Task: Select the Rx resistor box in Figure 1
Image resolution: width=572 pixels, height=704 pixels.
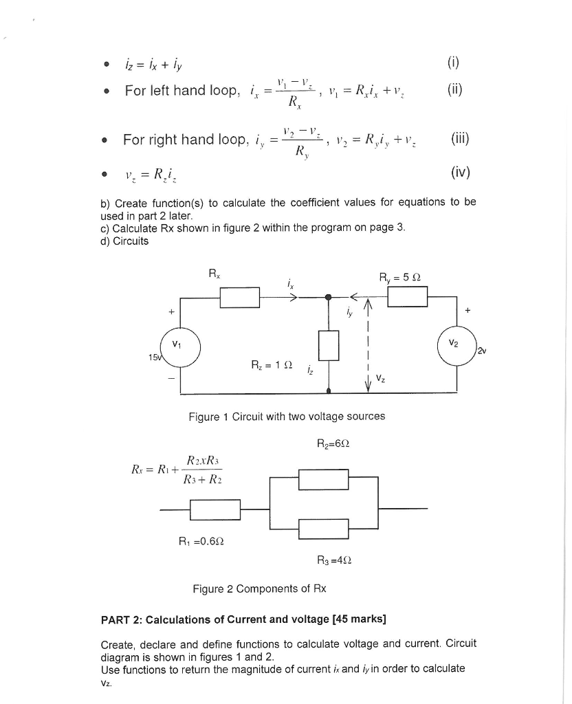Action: [x=239, y=298]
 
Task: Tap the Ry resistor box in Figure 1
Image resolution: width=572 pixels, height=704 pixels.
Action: [x=408, y=297]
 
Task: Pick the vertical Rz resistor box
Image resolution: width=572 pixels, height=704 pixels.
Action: [x=330, y=344]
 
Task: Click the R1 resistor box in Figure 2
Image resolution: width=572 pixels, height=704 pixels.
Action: [x=214, y=509]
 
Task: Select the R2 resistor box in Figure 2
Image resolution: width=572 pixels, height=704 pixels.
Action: [x=325, y=478]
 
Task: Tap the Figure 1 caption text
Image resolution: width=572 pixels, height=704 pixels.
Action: [x=287, y=416]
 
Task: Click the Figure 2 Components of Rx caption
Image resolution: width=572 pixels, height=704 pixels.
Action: [x=259, y=588]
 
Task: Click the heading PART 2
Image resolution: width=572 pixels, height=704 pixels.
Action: [x=243, y=619]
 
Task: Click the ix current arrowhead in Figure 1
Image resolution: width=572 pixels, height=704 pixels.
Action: [x=294, y=298]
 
